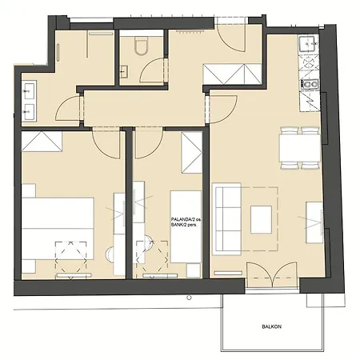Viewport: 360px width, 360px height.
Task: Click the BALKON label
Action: (x=271, y=326)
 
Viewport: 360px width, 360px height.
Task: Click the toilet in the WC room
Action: (x=141, y=46)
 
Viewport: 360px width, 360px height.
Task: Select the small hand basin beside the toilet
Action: (x=123, y=71)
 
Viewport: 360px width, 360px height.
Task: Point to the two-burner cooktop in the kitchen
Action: (x=310, y=84)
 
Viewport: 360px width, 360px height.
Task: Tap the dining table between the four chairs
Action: (x=300, y=148)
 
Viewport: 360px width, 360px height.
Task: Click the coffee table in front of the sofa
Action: (x=261, y=220)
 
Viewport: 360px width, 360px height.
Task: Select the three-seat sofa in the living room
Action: (x=227, y=219)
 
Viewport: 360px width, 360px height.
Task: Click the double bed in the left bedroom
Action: (x=58, y=228)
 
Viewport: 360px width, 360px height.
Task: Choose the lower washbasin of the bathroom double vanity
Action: (x=30, y=112)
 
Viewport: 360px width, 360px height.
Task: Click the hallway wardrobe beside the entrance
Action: (x=232, y=74)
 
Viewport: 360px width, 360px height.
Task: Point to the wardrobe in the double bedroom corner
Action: (x=42, y=142)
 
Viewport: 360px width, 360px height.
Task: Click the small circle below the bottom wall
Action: (x=189, y=298)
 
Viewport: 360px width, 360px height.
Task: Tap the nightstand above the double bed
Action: (x=29, y=190)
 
